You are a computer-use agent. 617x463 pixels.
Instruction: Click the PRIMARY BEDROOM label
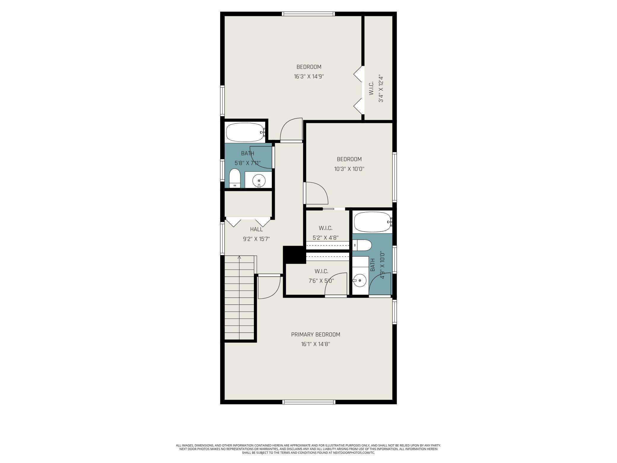point(315,334)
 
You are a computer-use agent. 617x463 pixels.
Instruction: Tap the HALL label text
point(256,229)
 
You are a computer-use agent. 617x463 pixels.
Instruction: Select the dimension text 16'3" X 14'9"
point(309,76)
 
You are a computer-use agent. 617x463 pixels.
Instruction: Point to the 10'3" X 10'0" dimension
point(349,169)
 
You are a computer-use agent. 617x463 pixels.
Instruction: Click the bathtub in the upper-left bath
point(245,132)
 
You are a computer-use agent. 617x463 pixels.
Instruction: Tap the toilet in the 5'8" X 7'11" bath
point(235,178)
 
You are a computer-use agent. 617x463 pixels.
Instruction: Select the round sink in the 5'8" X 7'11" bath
point(259,180)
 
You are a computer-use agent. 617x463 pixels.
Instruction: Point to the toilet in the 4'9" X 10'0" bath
point(362,245)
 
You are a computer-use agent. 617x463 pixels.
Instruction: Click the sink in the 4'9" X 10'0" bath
point(360,280)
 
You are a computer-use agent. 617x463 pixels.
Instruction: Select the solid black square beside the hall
point(294,255)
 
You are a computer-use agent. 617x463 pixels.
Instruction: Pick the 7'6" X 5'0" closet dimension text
point(321,281)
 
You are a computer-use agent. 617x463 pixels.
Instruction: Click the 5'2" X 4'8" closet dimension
point(325,238)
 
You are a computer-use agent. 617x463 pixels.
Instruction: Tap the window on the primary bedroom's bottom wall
point(309,402)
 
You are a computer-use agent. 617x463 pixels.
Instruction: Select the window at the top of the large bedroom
point(308,14)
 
